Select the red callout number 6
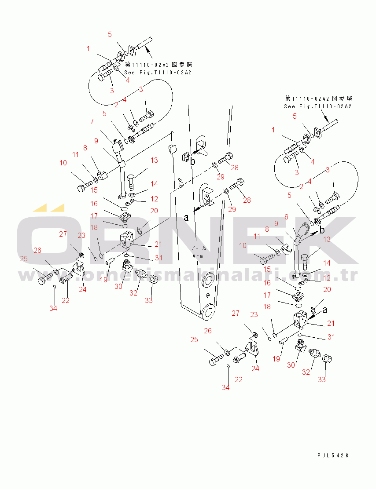point(286,217)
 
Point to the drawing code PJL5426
point(332,456)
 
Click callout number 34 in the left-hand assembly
point(53,308)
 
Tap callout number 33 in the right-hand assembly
point(322,380)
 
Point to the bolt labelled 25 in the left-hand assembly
point(44,278)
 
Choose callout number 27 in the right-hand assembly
point(236,313)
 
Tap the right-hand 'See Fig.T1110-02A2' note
point(318,106)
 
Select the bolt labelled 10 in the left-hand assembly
point(83,188)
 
